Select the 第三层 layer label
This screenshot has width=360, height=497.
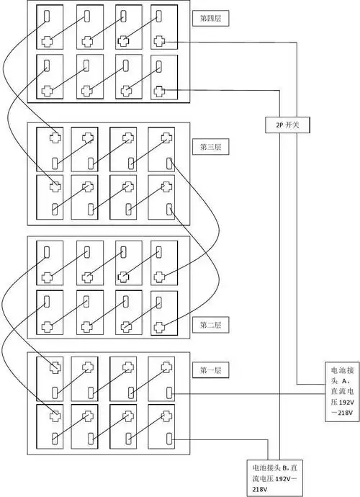coord(210,147)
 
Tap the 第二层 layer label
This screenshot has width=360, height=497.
coord(210,325)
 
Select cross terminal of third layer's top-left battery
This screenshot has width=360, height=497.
coord(55,138)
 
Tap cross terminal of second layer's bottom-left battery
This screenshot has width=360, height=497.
coord(48,325)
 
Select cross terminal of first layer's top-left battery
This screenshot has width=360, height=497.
coord(55,367)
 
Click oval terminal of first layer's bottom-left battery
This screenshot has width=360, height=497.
coord(55,439)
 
